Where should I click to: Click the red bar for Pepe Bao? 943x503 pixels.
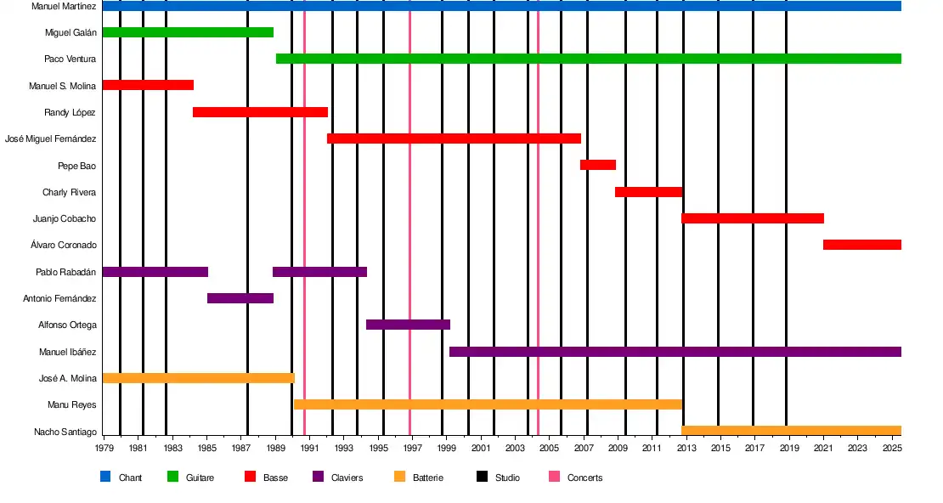coord(598,165)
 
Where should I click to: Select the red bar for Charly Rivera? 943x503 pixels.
coord(648,192)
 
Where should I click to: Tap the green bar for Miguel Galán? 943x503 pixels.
coord(188,32)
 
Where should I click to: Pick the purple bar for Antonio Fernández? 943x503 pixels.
coord(240,298)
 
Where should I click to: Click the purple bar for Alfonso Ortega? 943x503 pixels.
coord(408,325)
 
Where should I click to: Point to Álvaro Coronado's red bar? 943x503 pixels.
coord(861,245)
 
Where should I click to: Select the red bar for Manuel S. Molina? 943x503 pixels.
coord(148,85)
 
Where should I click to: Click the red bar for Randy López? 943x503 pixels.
coord(260,112)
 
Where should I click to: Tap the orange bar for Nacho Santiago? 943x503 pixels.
coord(791,431)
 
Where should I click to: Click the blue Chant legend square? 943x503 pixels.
coord(105,478)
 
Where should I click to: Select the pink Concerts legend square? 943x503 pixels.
coord(554,478)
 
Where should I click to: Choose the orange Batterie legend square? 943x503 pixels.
coord(400,478)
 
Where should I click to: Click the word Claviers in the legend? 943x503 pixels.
coord(347,478)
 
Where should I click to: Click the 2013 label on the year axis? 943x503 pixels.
coord(687,448)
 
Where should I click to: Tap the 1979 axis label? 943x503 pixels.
coord(104,448)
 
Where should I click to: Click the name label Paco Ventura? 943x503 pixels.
coord(70,59)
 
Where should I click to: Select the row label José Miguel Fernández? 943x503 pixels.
coord(50,138)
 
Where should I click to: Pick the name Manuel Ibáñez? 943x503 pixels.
coord(67,352)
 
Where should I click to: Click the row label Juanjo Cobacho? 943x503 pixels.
coord(65,218)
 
